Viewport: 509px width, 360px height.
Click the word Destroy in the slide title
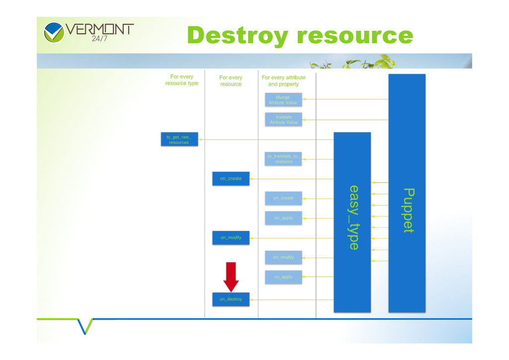coord(238,36)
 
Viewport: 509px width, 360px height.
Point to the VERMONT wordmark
coord(100,29)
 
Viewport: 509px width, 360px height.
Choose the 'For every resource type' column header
coord(181,80)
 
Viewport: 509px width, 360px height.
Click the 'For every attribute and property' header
coord(283,81)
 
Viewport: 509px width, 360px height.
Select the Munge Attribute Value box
coord(283,99)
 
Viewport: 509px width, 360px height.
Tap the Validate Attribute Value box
coord(283,119)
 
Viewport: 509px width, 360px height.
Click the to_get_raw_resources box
coord(179,139)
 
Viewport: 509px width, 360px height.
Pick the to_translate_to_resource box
coord(283,159)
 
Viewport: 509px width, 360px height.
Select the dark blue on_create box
coord(231,179)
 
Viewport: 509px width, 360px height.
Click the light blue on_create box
coord(283,198)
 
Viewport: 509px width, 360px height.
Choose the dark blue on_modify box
coord(231,238)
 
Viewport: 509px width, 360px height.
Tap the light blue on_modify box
coord(283,257)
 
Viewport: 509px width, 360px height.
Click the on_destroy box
coord(231,299)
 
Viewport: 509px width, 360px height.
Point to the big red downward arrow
coord(231,276)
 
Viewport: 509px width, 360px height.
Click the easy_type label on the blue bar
coord(353,217)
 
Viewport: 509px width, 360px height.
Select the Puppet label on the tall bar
coord(408,210)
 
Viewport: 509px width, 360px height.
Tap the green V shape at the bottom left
coord(85,326)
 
